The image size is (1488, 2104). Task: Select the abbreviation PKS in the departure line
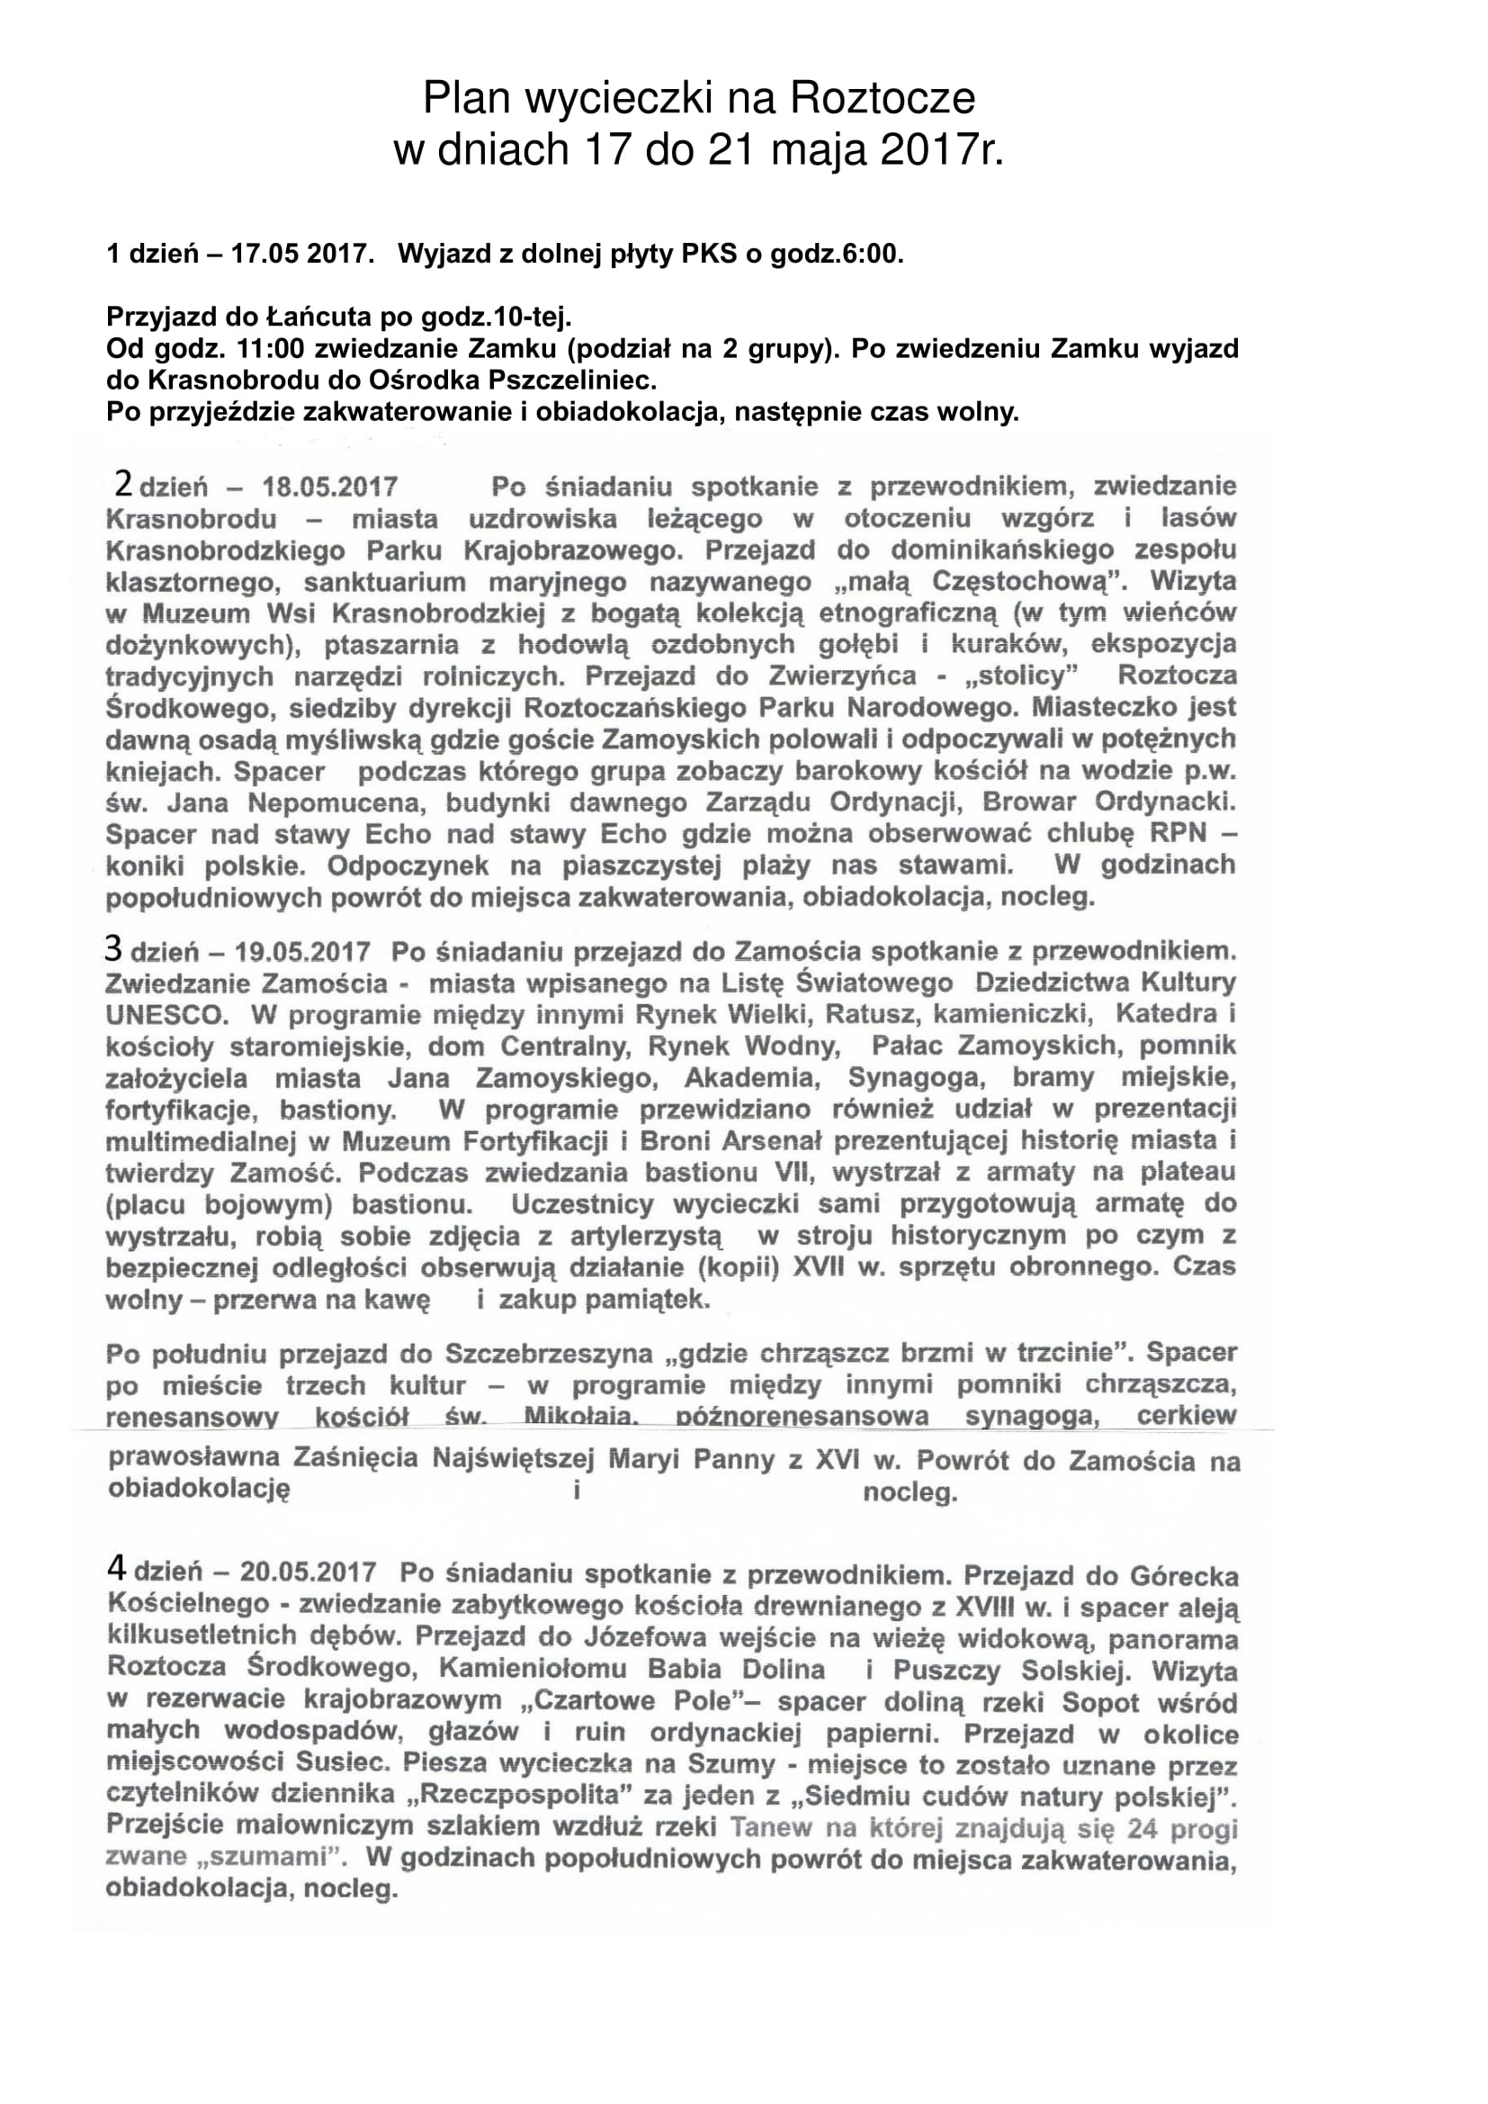tap(708, 254)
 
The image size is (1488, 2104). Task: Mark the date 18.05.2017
tap(330, 487)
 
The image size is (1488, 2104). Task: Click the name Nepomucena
tap(339, 803)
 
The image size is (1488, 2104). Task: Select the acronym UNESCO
tap(166, 1016)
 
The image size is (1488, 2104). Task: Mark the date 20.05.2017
tap(308, 1572)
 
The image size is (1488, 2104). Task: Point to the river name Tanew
tap(772, 1828)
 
